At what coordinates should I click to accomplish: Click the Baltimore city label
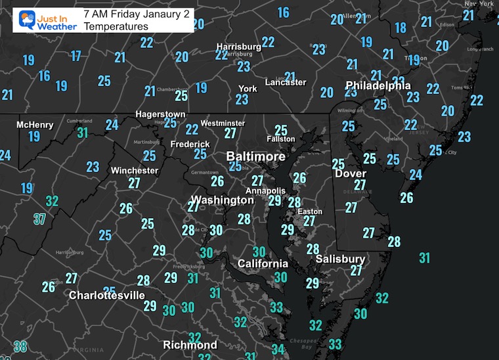pos(256,157)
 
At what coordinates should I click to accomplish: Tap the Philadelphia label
pos(378,85)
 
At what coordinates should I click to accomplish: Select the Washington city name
pos(222,200)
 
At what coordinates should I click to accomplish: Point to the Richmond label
pos(190,345)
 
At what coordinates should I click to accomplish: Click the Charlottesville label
pos(107,296)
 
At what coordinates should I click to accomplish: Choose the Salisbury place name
pos(340,259)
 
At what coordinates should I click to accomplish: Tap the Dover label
pos(350,173)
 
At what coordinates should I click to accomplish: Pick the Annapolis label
pos(266,189)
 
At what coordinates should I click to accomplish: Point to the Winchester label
pos(135,170)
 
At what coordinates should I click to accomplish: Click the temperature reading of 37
pos(39,219)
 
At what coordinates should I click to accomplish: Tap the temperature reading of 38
pos(20,347)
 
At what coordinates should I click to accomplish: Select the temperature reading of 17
pos(76,56)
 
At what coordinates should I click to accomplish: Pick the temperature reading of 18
pos(400,28)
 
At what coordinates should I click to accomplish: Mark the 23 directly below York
pos(242,99)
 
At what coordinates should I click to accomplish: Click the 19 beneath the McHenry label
pos(34,137)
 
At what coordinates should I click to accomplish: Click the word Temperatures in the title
pos(116,26)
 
